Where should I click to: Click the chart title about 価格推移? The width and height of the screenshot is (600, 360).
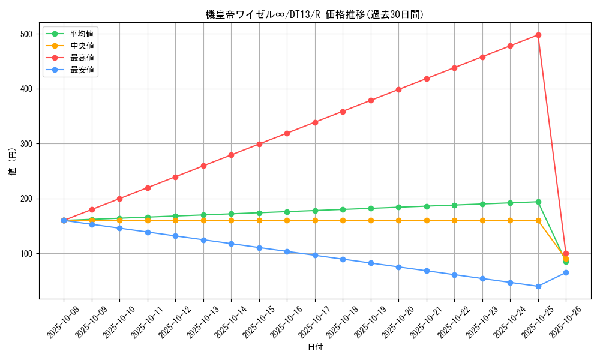314,15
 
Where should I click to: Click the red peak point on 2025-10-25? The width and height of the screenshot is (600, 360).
538,35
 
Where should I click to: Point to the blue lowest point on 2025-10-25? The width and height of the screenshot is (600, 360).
538,286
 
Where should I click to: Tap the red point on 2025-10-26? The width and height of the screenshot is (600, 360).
566,253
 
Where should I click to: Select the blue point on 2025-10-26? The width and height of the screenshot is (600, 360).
566,272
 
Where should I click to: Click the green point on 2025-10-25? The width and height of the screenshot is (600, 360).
538,202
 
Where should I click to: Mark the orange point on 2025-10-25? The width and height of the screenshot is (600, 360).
538,220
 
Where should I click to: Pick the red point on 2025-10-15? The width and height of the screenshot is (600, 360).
259,144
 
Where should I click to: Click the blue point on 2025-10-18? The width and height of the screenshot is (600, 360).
343,259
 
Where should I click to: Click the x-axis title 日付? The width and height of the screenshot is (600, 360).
315,347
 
